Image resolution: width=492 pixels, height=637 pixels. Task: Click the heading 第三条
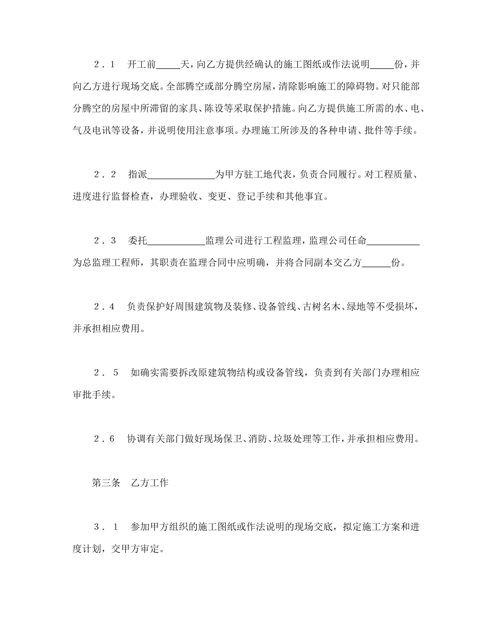pos(106,483)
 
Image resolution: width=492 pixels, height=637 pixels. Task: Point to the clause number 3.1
pos(106,527)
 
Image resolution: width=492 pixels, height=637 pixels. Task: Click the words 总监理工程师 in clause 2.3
pos(106,263)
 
